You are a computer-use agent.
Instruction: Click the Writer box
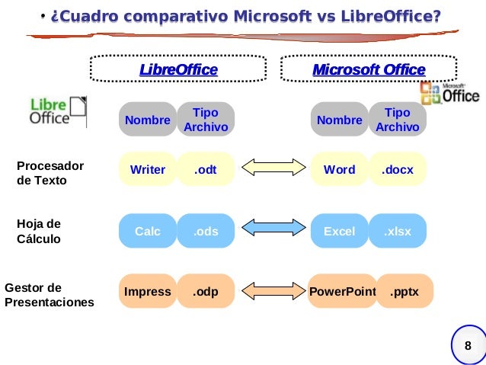pos(148,170)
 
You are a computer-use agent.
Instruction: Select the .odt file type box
pos(206,170)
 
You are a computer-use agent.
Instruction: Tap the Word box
pos(340,170)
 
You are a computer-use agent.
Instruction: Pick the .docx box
pos(398,170)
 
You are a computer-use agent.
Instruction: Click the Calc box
pos(148,231)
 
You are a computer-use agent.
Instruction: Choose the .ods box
pos(206,231)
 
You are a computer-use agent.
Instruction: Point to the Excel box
pos(340,231)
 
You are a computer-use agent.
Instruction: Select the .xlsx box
pos(398,231)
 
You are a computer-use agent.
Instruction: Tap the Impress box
pos(148,291)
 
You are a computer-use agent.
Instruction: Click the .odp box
pos(206,291)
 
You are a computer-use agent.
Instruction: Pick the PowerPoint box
pos(343,291)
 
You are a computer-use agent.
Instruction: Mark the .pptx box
pos(404,291)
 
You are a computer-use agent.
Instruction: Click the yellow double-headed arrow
pos(273,170)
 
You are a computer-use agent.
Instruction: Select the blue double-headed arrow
pos(273,230)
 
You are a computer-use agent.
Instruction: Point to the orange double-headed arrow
pos(273,291)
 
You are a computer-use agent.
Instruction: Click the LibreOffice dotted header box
pos(178,69)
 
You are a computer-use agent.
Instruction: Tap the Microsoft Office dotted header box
pos(369,69)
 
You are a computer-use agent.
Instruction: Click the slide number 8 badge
pos(468,347)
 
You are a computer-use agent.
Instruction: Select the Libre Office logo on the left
pos(58,111)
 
